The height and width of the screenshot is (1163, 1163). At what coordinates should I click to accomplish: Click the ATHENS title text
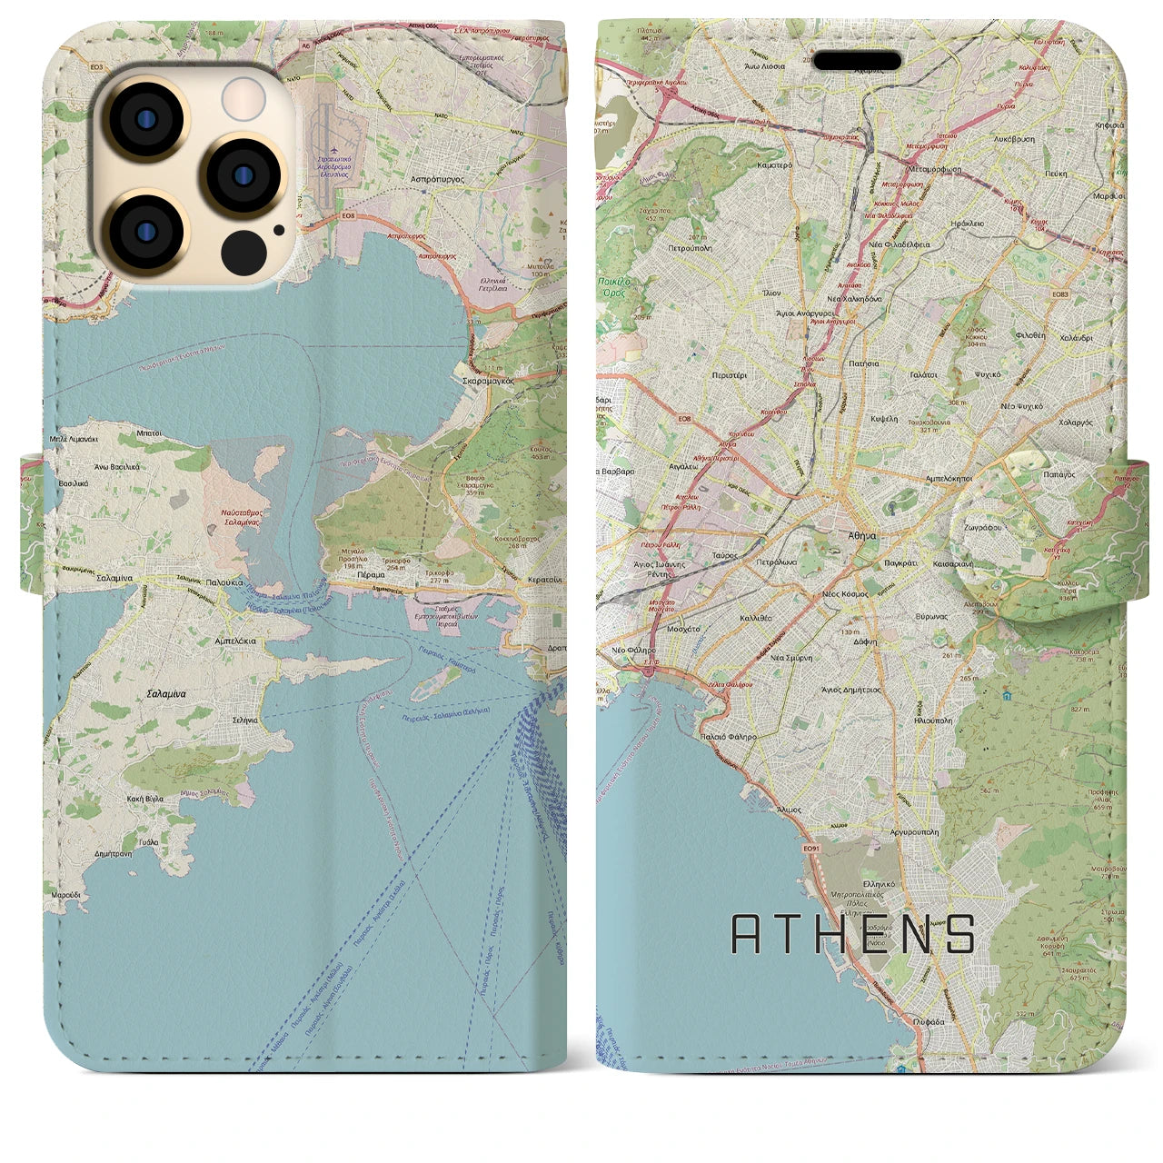coord(853,934)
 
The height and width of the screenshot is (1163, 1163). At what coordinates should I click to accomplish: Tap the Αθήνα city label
coord(862,537)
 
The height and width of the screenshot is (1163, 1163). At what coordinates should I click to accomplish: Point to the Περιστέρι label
coord(731,374)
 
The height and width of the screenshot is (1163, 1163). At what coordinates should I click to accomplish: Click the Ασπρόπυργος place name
coord(438,181)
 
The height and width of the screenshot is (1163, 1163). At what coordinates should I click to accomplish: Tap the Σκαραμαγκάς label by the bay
coord(489,382)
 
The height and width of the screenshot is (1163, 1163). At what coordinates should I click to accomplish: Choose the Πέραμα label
coord(371,576)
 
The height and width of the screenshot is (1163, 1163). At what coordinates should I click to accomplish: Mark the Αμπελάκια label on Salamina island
coord(235,641)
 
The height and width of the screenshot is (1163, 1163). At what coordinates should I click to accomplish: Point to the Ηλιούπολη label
coord(931,721)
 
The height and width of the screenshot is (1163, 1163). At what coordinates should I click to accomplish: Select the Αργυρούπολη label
coord(914,831)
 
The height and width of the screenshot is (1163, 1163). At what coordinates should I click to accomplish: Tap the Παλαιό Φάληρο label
coord(729,737)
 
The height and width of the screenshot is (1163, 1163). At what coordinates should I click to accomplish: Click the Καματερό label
coord(774,165)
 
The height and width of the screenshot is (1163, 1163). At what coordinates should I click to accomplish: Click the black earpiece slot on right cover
coord(857,61)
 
